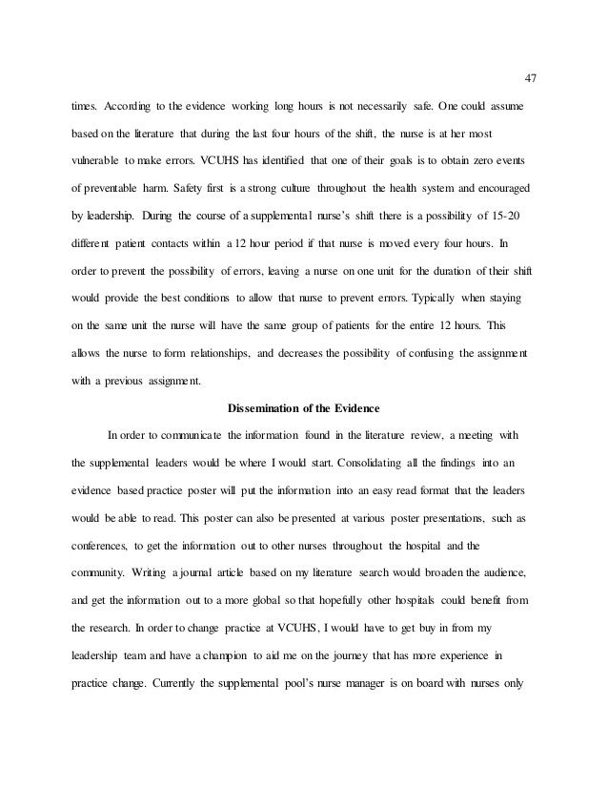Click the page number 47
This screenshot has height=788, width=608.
pos(532,77)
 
